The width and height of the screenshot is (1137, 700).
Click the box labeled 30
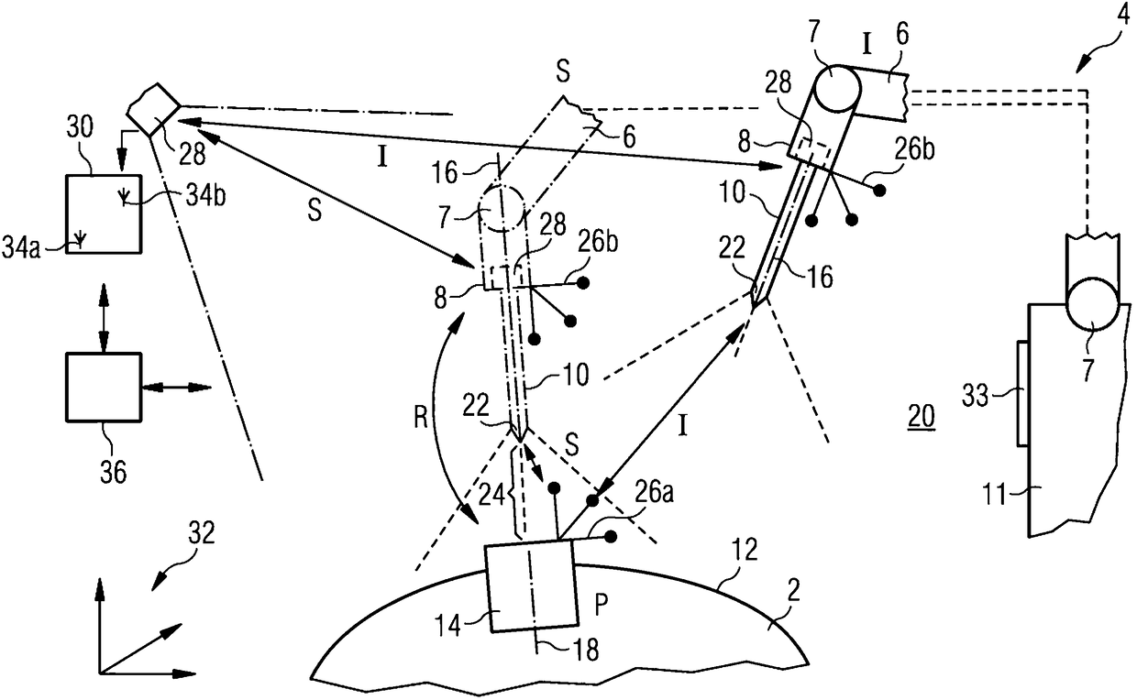[x=104, y=213]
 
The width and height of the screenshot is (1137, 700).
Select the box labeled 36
[x=104, y=387]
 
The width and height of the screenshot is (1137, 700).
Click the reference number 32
[x=201, y=534]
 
